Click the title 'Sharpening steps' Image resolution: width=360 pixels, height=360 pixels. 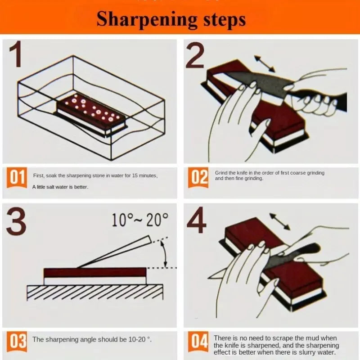pyautogui.click(x=171, y=19)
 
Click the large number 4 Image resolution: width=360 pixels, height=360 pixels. pyautogui.click(x=197, y=221)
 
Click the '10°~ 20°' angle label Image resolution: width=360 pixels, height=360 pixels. pyautogui.click(x=139, y=220)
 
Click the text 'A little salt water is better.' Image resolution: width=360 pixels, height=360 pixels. pyautogui.click(x=60, y=187)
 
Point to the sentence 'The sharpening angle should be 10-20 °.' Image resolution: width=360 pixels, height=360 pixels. pyautogui.click(x=92, y=339)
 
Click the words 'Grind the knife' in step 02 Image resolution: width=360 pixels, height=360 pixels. pyautogui.click(x=231, y=173)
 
